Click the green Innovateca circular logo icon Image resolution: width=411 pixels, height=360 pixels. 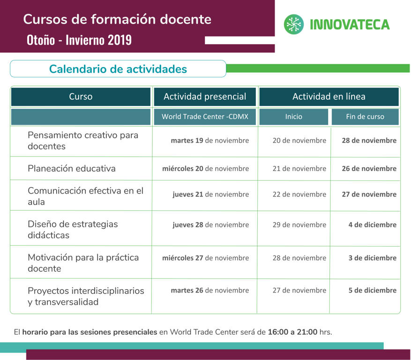pyautogui.click(x=294, y=24)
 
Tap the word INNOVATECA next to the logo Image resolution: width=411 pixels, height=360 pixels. pyautogui.click(x=350, y=25)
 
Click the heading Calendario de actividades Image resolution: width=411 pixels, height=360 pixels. pyautogui.click(x=118, y=69)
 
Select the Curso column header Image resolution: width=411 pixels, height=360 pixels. pyautogui.click(x=81, y=97)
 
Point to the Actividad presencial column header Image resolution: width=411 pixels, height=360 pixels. pyautogui.click(x=205, y=97)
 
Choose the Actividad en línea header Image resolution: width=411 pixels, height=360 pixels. pyautogui.click(x=329, y=97)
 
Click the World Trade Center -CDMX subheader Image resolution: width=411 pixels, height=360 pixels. pyautogui.click(x=205, y=116)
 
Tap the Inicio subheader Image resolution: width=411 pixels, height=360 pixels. pyautogui.click(x=293, y=116)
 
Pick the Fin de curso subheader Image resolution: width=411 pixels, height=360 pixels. pyautogui.click(x=365, y=116)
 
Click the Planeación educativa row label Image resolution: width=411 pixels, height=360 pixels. pyautogui.click(x=72, y=168)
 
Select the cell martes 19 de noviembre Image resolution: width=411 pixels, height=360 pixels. pyautogui.click(x=209, y=141)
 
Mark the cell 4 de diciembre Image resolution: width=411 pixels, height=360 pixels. pyautogui.click(x=373, y=225)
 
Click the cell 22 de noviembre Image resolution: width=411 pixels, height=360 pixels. pyautogui.click(x=299, y=194)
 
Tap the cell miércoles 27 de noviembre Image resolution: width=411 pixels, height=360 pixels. pyautogui.click(x=205, y=258)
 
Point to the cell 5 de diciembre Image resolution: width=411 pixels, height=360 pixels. pyautogui.click(x=373, y=290)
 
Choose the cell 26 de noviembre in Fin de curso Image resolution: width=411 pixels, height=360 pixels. pyautogui.click(x=369, y=169)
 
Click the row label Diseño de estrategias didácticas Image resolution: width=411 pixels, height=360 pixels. pyautogui.click(x=73, y=229)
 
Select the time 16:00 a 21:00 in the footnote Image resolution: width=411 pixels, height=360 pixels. pyautogui.click(x=292, y=332)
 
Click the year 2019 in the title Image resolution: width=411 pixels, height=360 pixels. pyautogui.click(x=120, y=40)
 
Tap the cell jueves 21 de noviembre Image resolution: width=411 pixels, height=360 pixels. pyautogui.click(x=211, y=194)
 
